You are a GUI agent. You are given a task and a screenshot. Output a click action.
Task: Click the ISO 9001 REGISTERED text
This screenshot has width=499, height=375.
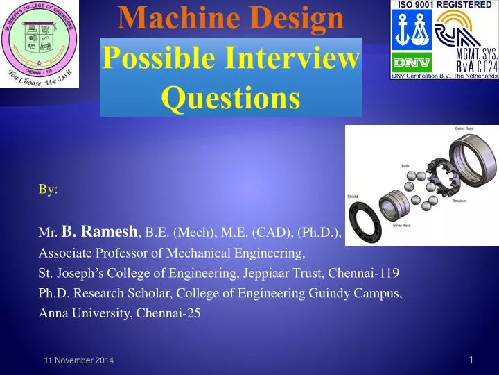(x=444, y=5)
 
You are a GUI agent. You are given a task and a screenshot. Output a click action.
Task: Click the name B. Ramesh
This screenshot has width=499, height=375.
(x=101, y=233)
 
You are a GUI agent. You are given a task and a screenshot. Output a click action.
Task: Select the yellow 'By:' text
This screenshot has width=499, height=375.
(x=48, y=190)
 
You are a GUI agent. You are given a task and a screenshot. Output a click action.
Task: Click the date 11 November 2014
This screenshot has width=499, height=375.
(x=75, y=360)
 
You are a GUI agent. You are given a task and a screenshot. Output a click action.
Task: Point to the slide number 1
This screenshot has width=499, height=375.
(x=471, y=359)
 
